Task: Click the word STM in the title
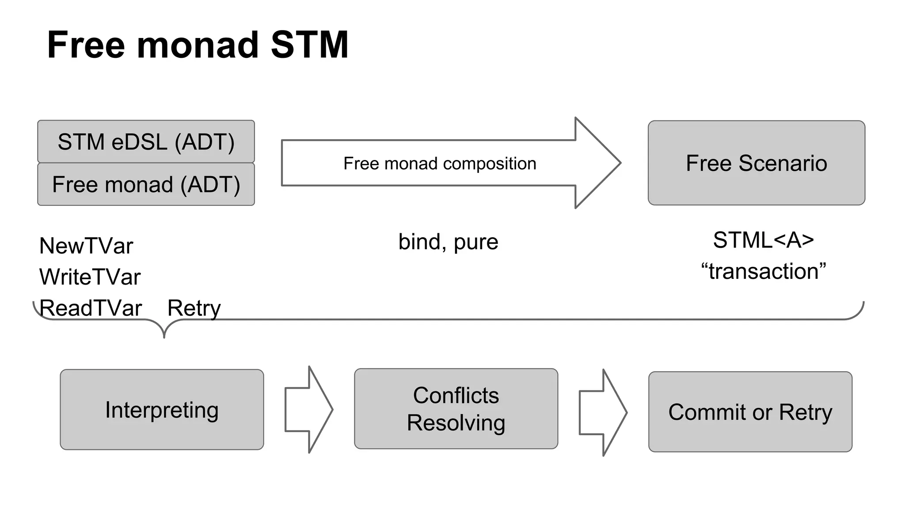309,45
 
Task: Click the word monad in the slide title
198,45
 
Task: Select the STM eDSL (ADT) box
146,142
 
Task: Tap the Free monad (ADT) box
146,184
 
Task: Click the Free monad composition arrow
440,163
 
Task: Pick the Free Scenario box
756,163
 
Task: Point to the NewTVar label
86,246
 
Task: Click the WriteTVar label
90,277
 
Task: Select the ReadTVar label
91,308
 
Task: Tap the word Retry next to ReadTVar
194,308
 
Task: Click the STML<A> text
763,240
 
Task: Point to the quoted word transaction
763,271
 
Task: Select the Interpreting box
162,410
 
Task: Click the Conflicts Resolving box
456,409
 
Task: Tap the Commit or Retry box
750,412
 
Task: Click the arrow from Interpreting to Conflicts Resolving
308,410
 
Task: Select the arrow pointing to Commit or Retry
603,413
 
